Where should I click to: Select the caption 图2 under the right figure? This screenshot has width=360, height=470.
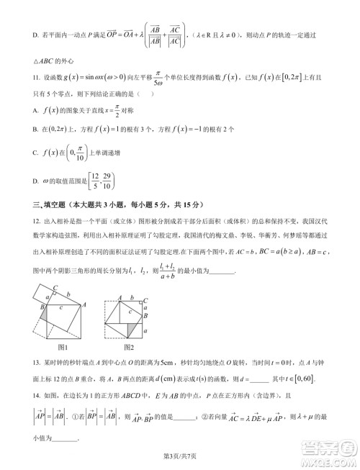point(128,348)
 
